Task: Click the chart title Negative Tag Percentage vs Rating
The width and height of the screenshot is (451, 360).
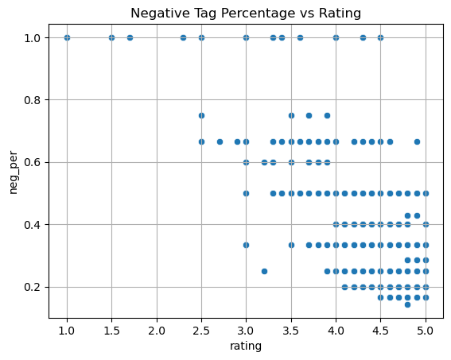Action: pos(246,14)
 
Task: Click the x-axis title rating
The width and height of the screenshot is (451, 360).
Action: pos(246,346)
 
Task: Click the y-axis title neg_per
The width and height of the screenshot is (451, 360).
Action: pos(14,172)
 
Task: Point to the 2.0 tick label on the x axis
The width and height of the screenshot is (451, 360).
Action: pos(157,331)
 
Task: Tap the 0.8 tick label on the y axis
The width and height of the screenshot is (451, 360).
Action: pos(32,100)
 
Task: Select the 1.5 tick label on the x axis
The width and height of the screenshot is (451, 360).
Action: pos(111,331)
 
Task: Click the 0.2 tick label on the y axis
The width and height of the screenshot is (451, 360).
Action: pos(32,288)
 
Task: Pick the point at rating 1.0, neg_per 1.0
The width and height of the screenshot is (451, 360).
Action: pos(67,37)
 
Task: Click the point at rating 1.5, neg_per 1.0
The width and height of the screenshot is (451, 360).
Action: pos(112,37)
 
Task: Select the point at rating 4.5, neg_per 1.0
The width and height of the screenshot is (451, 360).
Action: pos(380,37)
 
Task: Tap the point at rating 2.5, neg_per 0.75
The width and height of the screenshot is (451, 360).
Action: pos(201,115)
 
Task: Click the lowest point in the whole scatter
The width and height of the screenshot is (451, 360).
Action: pos(407,304)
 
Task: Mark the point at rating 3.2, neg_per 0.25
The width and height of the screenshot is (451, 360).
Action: pos(264,271)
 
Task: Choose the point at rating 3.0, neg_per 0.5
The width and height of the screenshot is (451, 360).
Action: pos(247,193)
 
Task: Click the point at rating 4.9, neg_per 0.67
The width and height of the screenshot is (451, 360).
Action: pos(417,141)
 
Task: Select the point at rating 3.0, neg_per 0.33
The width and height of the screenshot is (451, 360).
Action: pos(247,245)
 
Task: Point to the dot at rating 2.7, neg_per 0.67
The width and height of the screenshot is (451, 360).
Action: pos(220,141)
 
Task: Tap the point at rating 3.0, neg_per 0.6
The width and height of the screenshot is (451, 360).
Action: pos(247,162)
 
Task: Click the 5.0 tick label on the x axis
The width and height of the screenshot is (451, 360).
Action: pos(426,331)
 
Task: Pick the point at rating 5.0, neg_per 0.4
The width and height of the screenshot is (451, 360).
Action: pos(426,224)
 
